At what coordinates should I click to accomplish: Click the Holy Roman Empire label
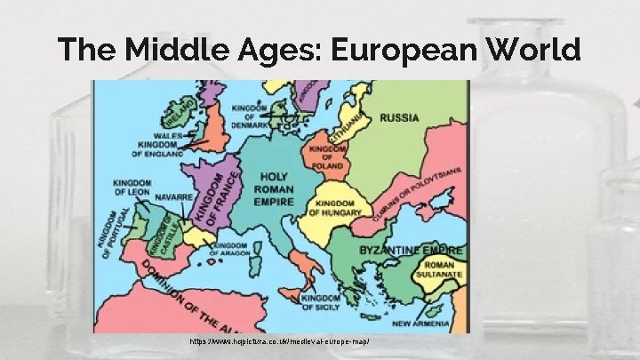click(x=274, y=189)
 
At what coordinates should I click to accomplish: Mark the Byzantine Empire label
click(x=411, y=250)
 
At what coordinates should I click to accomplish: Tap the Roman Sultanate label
click(x=443, y=271)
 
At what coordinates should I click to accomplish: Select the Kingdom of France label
click(x=219, y=198)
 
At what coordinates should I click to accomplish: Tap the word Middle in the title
click(x=179, y=49)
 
